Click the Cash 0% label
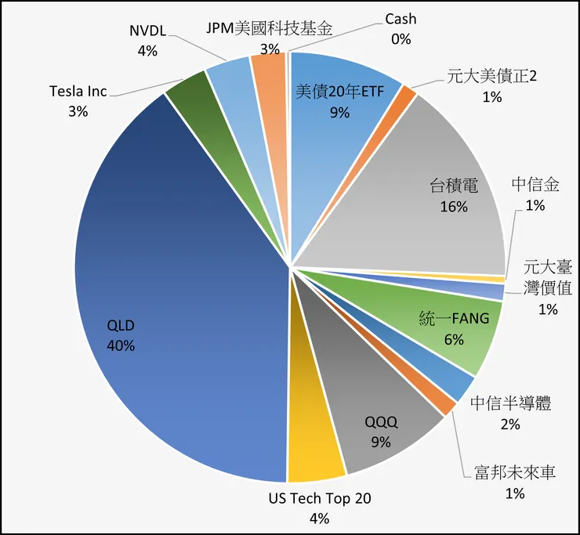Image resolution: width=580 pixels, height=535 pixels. (x=401, y=28)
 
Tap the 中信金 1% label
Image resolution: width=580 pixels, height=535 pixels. (x=535, y=194)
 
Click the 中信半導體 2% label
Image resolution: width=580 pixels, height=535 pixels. (x=511, y=413)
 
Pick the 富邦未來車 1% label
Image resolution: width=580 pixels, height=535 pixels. (x=514, y=483)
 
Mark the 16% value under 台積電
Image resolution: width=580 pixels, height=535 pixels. (x=452, y=207)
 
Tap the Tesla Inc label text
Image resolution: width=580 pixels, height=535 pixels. (x=78, y=92)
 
